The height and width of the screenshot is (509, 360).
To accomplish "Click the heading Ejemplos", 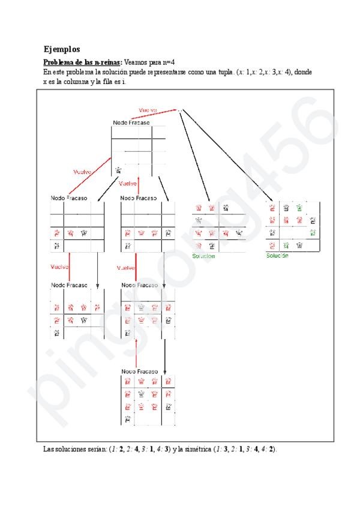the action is (62, 49).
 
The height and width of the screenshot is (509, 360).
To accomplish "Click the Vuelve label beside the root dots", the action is (148, 110).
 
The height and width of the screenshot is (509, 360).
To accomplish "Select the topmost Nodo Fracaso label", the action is (131, 123).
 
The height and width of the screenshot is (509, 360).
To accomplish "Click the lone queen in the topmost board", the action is (119, 170).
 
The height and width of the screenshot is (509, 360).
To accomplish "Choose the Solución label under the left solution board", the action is (203, 256).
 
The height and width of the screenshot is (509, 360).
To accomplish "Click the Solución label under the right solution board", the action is (277, 255).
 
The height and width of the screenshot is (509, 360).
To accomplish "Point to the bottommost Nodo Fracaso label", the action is (140, 372).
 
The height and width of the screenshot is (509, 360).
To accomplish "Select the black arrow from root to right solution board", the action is (231, 157).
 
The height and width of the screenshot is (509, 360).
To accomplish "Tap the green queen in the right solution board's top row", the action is (299, 208).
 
